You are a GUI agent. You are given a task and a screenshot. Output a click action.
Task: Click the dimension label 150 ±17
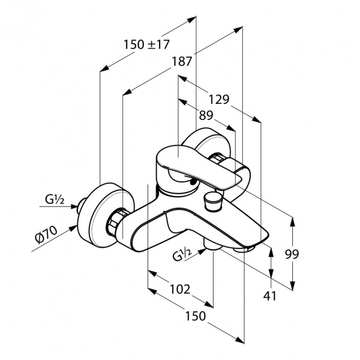[146, 44]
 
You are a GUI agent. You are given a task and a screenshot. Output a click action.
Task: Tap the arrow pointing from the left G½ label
[74, 206]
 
